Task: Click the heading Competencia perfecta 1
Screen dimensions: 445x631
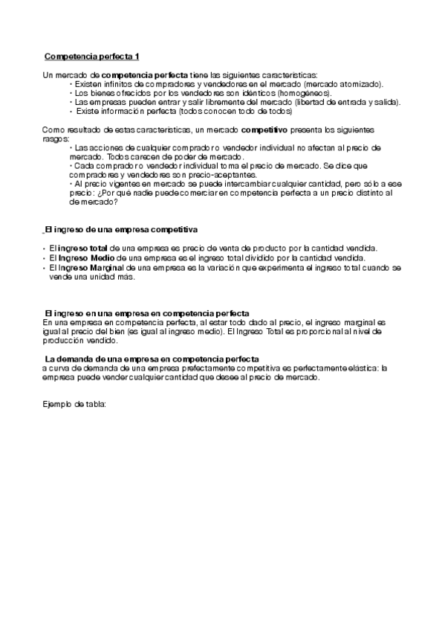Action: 91,57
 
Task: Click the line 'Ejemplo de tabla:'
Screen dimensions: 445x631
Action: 74,404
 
